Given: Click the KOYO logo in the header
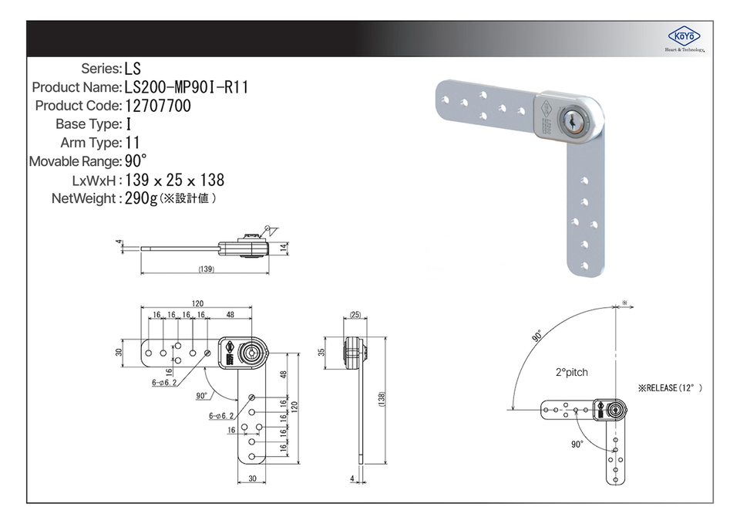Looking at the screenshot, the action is pos(684,36).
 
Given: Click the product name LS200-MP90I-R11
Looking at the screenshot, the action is pos(187,87).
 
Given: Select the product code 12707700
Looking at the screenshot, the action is pos(157,106).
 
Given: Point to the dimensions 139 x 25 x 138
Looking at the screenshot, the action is pos(175,180).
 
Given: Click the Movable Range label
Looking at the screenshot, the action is pos(75,161).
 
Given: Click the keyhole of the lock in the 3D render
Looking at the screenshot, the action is pos(571,121).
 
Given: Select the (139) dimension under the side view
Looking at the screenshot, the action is pos(207,269).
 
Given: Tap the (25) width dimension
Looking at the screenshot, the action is pos(355,315).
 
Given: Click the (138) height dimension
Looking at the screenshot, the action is pos(382,399).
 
